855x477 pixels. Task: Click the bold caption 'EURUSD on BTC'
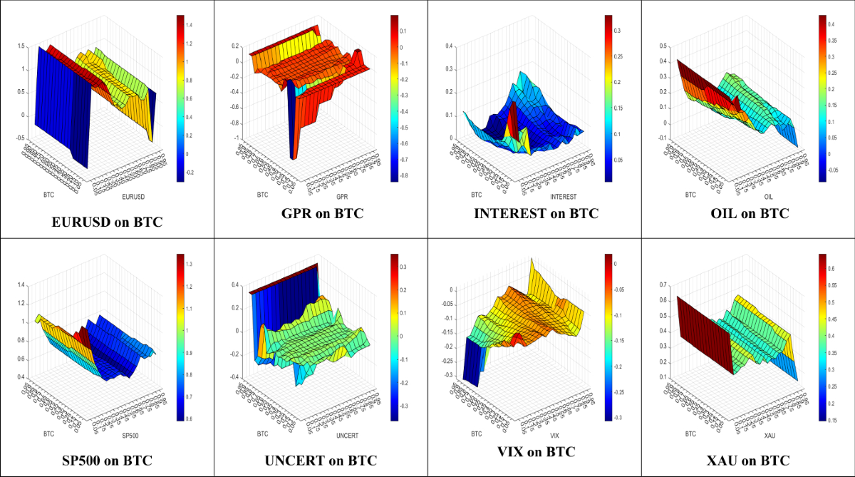pos(107,222)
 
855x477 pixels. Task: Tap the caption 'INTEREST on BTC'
pos(537,213)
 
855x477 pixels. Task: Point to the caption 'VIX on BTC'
pos(536,451)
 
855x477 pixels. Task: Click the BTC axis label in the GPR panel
pos(262,194)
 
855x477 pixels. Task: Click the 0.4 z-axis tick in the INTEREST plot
pos(450,46)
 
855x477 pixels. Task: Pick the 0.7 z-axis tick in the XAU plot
pos(663,285)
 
